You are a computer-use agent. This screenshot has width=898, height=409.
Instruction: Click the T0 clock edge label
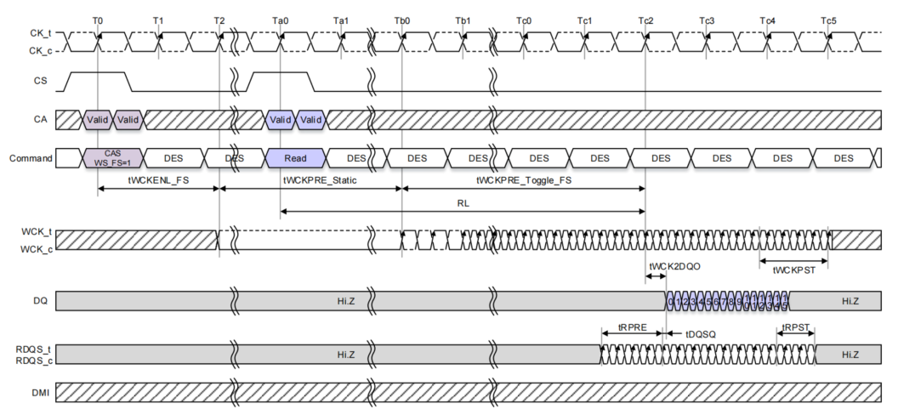(x=98, y=20)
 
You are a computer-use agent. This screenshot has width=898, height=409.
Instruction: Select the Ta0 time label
(x=281, y=20)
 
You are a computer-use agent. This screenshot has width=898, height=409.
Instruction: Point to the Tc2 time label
(x=645, y=20)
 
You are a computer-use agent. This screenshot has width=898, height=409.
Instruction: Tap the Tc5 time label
(x=828, y=20)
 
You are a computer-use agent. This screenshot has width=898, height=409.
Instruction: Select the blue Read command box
(x=296, y=158)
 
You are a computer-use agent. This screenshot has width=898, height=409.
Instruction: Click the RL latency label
(x=463, y=203)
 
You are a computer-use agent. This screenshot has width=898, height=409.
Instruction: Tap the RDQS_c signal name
(x=31, y=361)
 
